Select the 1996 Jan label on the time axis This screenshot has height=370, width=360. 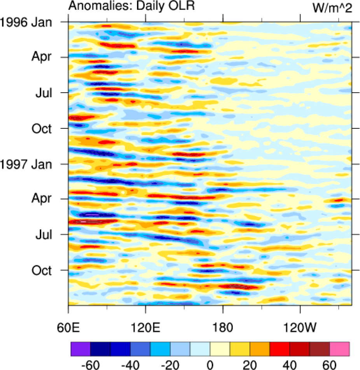click(x=26, y=22)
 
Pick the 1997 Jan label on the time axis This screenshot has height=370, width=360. click(x=26, y=164)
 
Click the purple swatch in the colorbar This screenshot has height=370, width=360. click(x=80, y=349)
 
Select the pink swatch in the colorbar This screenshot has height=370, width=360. click(x=339, y=349)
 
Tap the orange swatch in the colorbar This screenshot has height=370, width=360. click(x=260, y=349)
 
